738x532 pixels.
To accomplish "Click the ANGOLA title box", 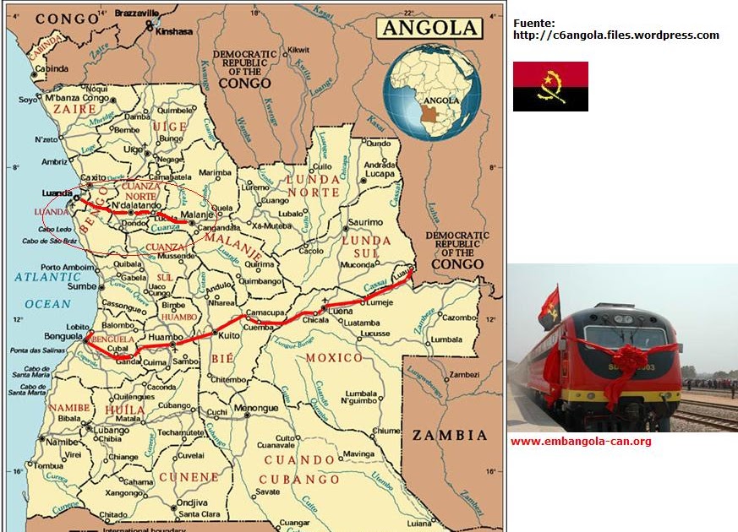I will point(429,27).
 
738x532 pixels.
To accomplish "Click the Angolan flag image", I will point(550,86).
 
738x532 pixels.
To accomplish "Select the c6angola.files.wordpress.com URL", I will point(615,35).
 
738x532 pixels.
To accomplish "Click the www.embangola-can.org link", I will point(580,441).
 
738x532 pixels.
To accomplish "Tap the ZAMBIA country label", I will point(449,436).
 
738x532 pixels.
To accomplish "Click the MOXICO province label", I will point(334,358).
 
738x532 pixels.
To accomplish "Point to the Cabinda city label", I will point(52,68).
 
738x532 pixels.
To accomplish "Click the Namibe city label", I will point(61,442).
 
